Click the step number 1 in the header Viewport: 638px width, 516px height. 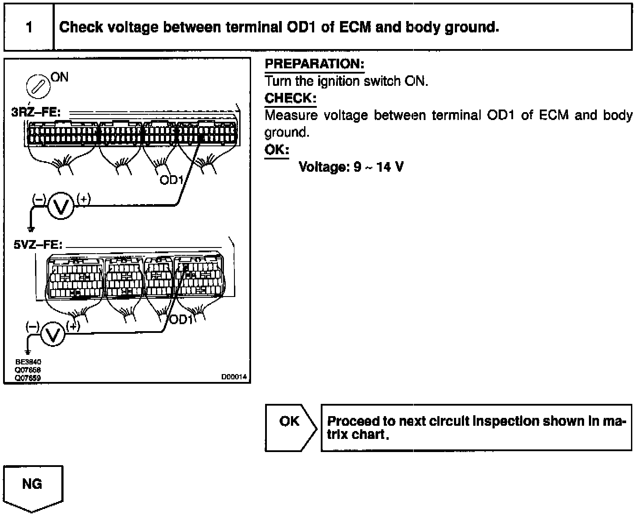click(x=29, y=27)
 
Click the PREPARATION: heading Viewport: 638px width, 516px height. click(x=314, y=64)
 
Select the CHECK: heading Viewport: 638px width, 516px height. click(x=290, y=98)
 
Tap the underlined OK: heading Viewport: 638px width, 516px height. click(x=276, y=150)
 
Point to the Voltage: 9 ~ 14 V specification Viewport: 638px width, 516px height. click(x=351, y=167)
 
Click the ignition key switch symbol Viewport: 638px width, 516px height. click(x=39, y=85)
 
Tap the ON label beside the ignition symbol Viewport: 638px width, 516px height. click(x=60, y=77)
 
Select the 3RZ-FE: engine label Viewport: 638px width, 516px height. click(x=36, y=112)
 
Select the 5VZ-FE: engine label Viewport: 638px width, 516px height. click(x=38, y=244)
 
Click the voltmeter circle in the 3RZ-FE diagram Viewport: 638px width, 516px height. click(x=60, y=206)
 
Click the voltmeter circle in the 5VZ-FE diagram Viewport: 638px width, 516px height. click(x=53, y=335)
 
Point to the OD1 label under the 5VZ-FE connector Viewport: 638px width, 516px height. click(x=181, y=320)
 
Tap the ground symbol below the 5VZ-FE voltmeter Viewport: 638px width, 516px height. click(x=28, y=352)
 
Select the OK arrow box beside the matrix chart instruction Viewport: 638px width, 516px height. click(x=290, y=427)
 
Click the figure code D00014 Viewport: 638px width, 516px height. click(x=234, y=377)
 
